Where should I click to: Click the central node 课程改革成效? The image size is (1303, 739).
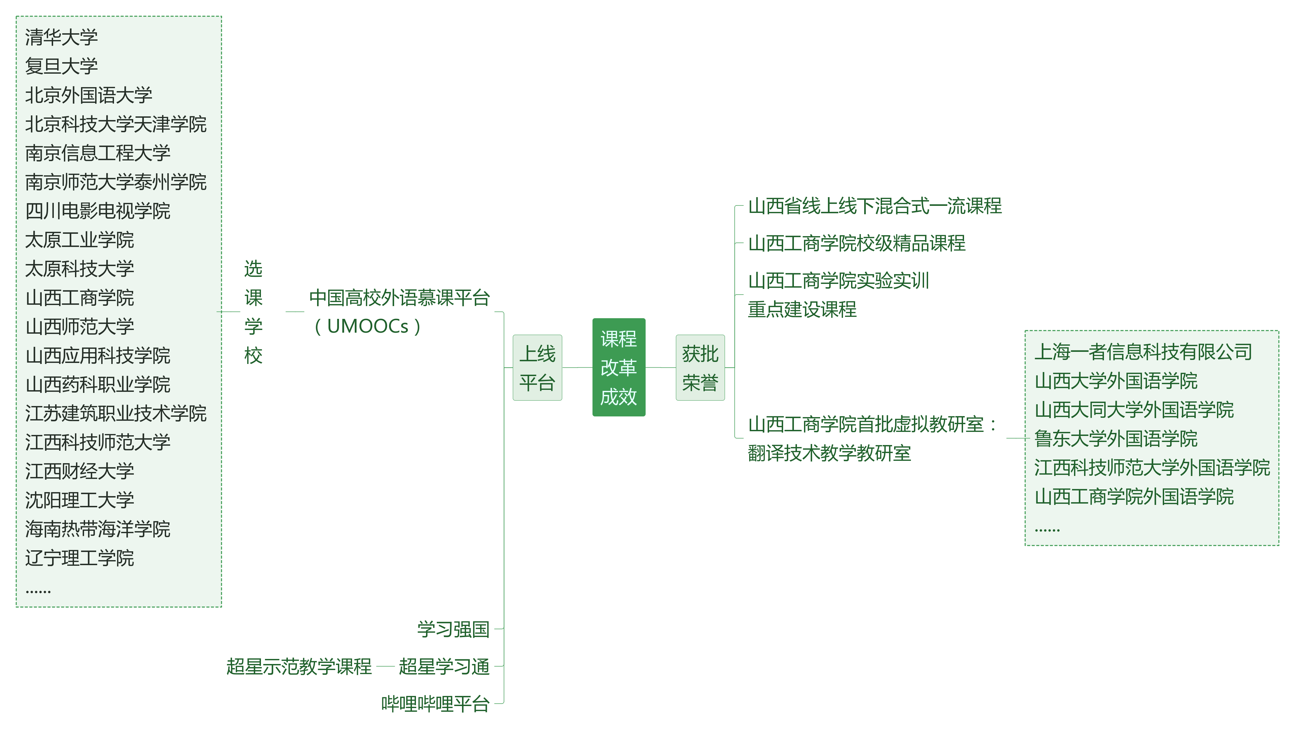618,367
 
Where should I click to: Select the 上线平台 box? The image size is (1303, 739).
537,367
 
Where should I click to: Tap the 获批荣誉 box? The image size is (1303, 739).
700,367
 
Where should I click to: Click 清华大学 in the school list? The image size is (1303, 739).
62,37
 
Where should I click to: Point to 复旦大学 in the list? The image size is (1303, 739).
62,66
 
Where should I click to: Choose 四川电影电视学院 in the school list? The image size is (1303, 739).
98,211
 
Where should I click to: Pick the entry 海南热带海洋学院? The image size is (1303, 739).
98,529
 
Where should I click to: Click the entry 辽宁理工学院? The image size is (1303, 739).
80,558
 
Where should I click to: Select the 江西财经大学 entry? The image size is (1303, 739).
80,471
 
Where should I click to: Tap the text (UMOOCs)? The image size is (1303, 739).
367,326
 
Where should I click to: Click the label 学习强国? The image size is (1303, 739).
453,629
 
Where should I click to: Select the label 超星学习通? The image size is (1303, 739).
444,666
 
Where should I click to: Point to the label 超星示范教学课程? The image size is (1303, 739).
299,666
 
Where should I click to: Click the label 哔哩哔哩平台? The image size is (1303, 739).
435,703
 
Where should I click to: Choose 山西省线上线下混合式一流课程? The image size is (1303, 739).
875,206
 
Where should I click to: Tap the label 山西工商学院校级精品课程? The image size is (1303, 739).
856,243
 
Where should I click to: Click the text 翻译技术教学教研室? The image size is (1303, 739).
829,453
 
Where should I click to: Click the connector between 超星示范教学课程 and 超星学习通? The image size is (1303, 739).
386,666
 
